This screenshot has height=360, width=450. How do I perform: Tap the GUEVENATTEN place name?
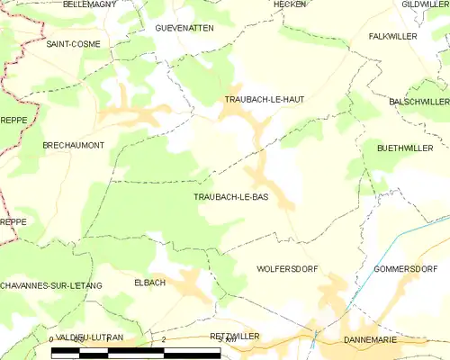(184, 28)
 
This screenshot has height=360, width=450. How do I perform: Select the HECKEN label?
(290, 4)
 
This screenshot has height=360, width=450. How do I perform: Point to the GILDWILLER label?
(425, 4)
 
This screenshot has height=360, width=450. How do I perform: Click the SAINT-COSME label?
(74, 43)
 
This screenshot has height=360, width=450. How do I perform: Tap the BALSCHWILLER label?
(418, 103)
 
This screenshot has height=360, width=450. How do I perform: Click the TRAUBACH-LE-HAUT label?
(265, 99)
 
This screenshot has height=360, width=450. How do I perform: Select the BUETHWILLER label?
(405, 148)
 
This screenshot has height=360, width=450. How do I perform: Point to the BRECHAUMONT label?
(74, 144)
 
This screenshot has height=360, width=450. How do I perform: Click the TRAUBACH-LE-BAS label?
(231, 196)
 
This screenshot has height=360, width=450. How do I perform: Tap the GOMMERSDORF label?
(405, 269)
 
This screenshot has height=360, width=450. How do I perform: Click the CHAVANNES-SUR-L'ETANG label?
(51, 285)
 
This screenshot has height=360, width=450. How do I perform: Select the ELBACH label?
(149, 283)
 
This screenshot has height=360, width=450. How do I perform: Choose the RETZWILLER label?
(234, 336)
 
